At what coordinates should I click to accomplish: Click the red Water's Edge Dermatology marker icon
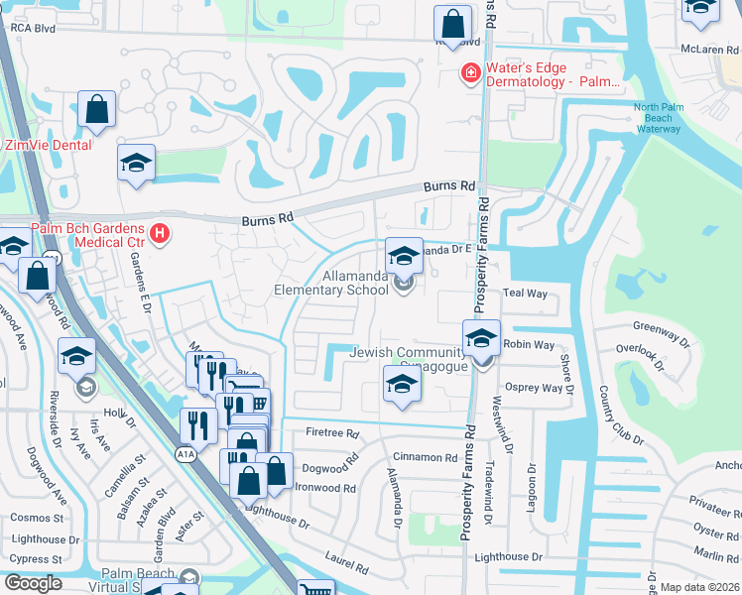[468, 73]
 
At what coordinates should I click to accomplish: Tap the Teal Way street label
[525, 294]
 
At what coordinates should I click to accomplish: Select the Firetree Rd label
[331, 433]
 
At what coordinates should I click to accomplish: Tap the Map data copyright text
[700, 587]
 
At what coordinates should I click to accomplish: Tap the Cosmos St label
[37, 518]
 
